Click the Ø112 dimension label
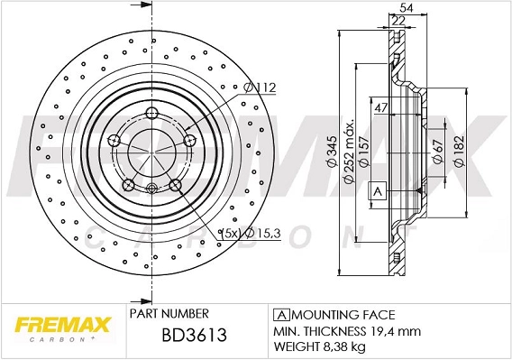click(x=260, y=88)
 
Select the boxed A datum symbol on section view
click(x=379, y=191)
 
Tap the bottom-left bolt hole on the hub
click(x=129, y=185)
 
